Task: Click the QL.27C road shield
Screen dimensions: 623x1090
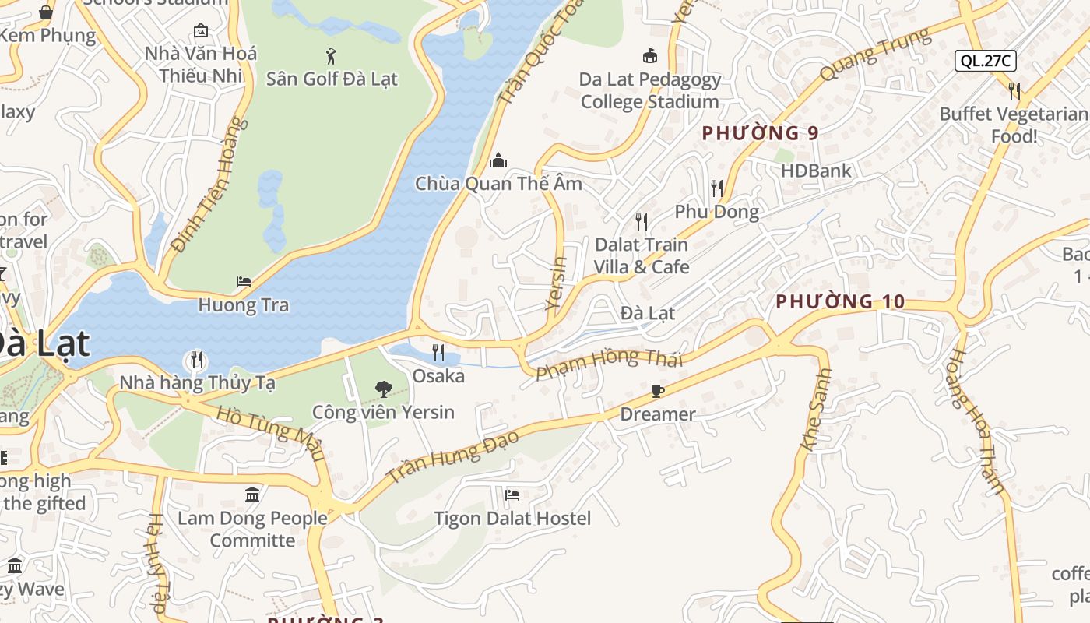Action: (x=985, y=61)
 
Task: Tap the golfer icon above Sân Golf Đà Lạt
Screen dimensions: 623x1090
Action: (x=332, y=56)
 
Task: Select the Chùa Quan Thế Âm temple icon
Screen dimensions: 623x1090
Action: (x=498, y=161)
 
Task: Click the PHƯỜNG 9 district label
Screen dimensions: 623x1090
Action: (x=760, y=133)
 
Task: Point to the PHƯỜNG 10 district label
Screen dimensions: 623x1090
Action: (x=840, y=301)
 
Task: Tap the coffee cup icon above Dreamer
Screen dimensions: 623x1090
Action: (x=657, y=391)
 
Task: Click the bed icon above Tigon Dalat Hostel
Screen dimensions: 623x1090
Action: (x=512, y=495)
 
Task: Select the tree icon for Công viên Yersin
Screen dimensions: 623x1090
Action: (x=383, y=389)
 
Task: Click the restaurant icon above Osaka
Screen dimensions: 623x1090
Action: (x=438, y=353)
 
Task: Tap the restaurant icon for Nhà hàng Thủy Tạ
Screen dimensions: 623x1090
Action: (x=197, y=360)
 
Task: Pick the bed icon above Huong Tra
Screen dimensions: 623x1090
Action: (x=244, y=282)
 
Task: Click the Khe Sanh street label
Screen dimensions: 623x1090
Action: (x=816, y=409)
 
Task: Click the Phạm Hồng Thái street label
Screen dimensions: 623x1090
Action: (x=610, y=363)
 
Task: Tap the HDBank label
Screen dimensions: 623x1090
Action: (x=816, y=171)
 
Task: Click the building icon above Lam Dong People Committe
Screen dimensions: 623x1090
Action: (x=252, y=495)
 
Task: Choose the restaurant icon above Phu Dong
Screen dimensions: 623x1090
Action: (x=716, y=188)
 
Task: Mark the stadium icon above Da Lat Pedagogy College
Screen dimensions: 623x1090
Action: (x=649, y=56)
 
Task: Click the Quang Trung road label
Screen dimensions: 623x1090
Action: (x=874, y=54)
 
